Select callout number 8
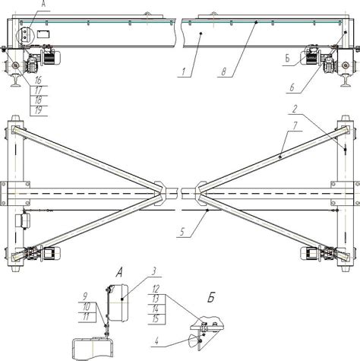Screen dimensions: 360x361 224,72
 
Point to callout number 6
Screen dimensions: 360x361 292,87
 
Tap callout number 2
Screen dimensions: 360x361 295,109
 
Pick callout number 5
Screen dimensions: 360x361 183,232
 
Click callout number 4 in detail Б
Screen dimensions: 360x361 156,341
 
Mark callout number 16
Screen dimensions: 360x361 38,81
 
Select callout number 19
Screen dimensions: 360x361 38,110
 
